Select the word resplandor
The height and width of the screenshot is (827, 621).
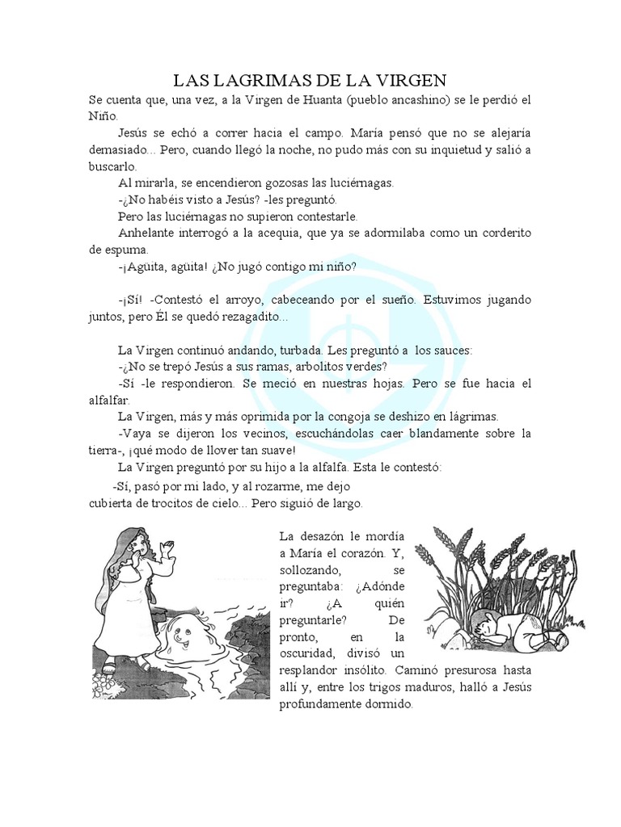click(314, 670)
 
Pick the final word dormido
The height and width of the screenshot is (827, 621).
click(387, 704)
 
